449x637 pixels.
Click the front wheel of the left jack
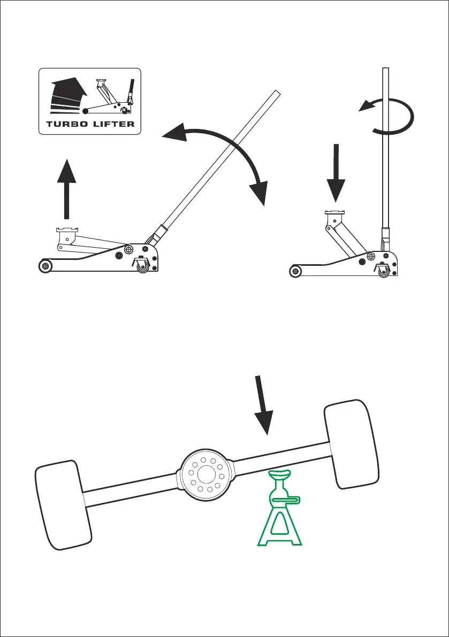[45, 265]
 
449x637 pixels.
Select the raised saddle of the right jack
[335, 216]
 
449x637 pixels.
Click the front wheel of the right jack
[294, 271]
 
